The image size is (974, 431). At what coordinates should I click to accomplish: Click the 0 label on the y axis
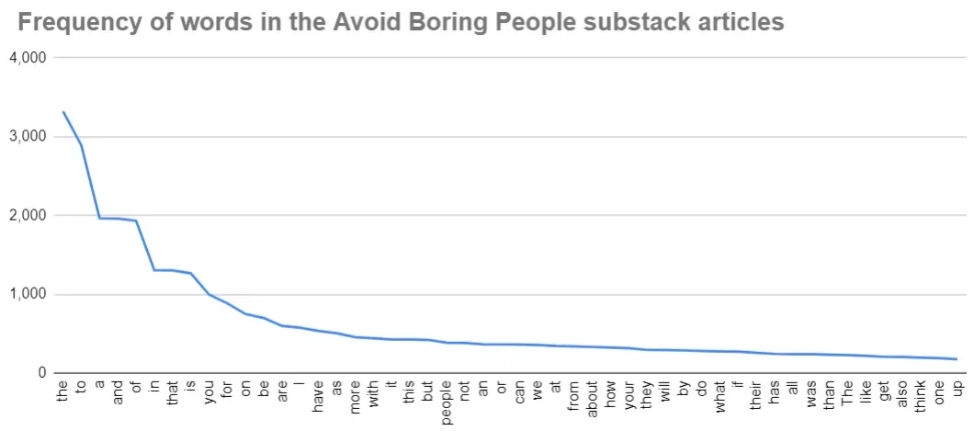42,373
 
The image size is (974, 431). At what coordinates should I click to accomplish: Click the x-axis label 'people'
446,401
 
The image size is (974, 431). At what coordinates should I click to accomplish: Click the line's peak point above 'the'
63,112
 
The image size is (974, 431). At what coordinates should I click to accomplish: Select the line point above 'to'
82,145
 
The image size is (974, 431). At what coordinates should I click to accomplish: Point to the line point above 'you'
209,294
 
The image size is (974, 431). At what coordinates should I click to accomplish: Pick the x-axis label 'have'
318,396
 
